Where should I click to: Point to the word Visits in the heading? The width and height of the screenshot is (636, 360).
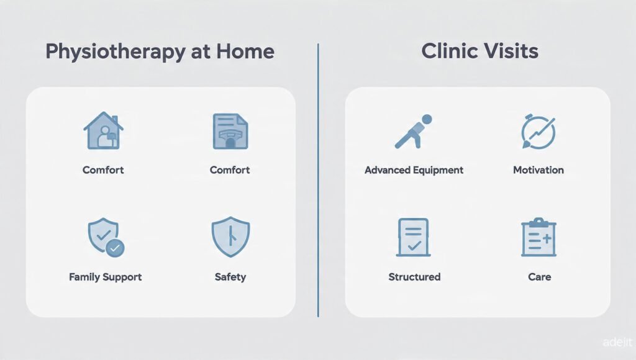click(x=514, y=51)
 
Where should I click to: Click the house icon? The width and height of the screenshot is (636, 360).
click(x=103, y=130)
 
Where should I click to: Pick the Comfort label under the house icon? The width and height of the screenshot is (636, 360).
click(x=103, y=170)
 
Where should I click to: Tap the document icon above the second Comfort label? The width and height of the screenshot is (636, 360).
click(x=230, y=130)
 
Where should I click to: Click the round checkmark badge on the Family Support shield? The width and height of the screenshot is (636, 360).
click(x=115, y=249)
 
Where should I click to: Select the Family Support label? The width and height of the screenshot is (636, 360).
click(x=106, y=277)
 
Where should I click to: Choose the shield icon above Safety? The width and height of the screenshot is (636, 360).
click(x=230, y=237)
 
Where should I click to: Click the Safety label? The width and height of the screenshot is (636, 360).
click(x=230, y=277)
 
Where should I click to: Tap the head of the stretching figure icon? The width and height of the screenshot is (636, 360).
click(x=426, y=119)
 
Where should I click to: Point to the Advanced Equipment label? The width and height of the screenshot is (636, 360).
click(x=414, y=170)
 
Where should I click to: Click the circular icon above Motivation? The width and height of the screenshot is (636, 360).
click(x=538, y=132)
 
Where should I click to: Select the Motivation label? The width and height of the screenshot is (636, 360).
click(x=538, y=170)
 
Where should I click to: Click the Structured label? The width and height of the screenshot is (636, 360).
click(x=414, y=277)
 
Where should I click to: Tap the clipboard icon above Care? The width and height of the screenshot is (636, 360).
click(x=538, y=237)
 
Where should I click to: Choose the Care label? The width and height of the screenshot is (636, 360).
click(x=539, y=277)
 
